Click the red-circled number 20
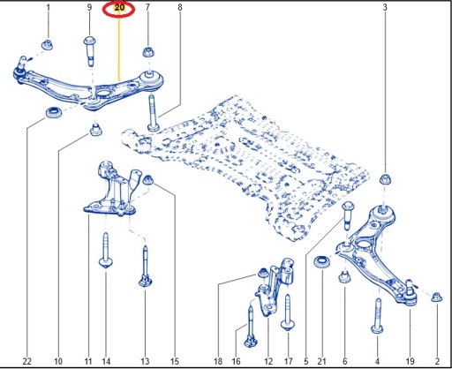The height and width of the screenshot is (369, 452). (x=119, y=8)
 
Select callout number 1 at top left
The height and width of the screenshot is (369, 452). (x=49, y=7)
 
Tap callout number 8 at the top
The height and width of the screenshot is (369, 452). (x=180, y=7)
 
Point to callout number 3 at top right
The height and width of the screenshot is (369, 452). (x=385, y=7)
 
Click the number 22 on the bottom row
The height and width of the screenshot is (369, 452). (x=26, y=361)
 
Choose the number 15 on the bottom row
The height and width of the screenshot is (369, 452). (x=175, y=361)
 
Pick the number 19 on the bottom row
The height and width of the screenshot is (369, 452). (x=410, y=361)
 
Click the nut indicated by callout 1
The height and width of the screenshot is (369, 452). (x=48, y=45)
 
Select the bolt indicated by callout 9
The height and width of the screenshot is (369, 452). (x=90, y=51)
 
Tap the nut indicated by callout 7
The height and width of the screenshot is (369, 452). (x=147, y=52)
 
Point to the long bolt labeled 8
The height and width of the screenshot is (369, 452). (x=153, y=114)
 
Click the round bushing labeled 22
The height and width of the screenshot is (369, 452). (x=54, y=113)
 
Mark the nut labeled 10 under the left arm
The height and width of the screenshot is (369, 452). (x=96, y=130)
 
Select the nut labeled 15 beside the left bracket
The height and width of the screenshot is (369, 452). (x=148, y=179)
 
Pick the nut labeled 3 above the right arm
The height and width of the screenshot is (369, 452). (x=385, y=179)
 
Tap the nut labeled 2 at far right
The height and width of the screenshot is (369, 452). (x=437, y=297)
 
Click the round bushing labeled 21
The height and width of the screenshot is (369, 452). (x=321, y=262)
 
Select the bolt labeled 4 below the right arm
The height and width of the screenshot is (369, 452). (x=378, y=316)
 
